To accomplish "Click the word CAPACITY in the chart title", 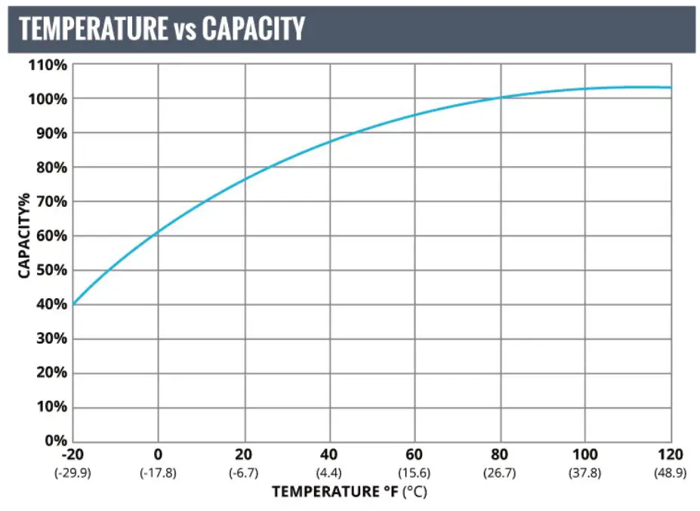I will click(x=253, y=29).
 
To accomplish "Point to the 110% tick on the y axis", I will click(x=48, y=65).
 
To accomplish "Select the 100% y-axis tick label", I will click(x=48, y=99).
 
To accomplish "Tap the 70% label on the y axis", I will click(x=51, y=202).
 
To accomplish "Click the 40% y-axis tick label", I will click(x=51, y=304).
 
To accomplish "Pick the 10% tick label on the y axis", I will click(x=51, y=407).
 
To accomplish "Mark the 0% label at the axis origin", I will click(x=54, y=440).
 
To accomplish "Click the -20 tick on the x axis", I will click(x=72, y=454).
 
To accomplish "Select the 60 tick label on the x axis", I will click(x=415, y=454).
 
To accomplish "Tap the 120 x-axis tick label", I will click(x=671, y=454).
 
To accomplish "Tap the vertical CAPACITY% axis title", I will click(x=24, y=235).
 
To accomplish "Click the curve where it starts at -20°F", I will click(x=73, y=303).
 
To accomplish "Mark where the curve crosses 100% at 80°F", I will click(x=500, y=98).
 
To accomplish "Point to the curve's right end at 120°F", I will click(x=670, y=88).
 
